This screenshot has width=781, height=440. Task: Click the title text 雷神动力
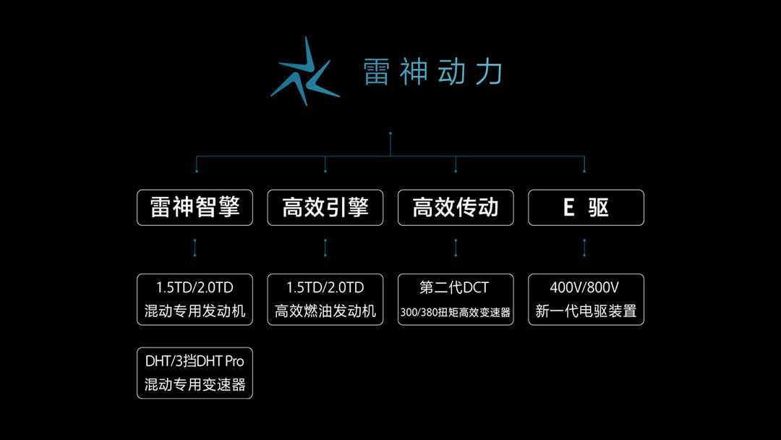tap(432, 72)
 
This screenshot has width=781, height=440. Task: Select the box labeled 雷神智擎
tap(195, 208)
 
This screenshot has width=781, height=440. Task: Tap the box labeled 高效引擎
tap(325, 208)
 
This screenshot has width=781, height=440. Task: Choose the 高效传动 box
tap(456, 208)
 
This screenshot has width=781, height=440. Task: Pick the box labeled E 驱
tap(586, 208)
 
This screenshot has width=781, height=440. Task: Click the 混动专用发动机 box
tap(195, 299)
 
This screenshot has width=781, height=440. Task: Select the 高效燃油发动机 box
tap(325, 299)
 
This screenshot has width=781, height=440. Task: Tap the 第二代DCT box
tap(456, 299)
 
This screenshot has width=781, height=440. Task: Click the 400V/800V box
tap(586, 299)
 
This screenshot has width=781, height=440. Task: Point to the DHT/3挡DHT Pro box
tap(195, 372)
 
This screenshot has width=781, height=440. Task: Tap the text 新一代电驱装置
tap(586, 312)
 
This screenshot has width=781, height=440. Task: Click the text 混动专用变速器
tap(195, 385)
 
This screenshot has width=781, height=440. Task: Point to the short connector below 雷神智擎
tap(195, 248)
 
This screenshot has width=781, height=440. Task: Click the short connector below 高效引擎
tap(325, 248)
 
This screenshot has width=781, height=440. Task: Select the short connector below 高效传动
tap(456, 248)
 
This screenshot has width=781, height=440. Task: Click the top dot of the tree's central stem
tap(390, 133)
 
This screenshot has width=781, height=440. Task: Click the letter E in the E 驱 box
tap(568, 208)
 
